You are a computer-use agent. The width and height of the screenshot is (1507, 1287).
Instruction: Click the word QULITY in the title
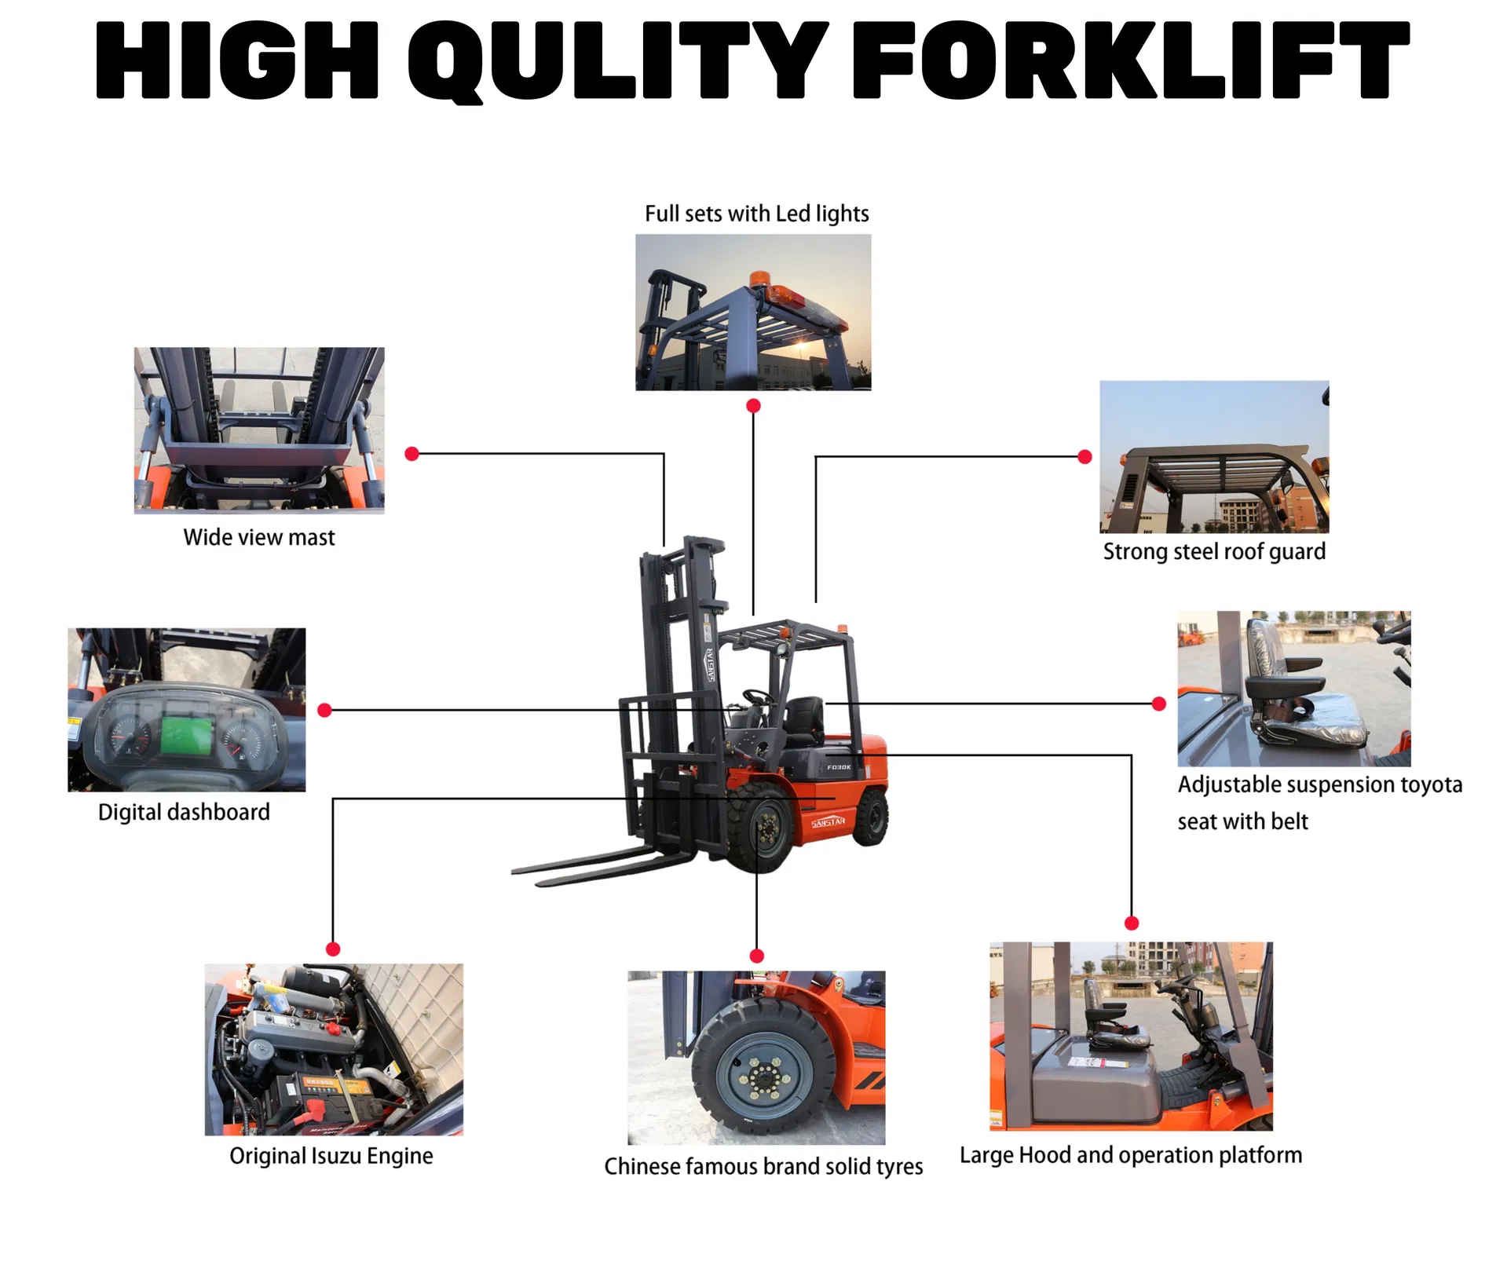[618, 61]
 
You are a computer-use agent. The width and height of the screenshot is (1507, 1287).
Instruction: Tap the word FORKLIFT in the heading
[1131, 60]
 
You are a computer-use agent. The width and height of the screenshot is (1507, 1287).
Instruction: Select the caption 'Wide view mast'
[259, 538]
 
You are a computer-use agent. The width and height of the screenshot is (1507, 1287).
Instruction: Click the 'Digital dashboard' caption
[184, 813]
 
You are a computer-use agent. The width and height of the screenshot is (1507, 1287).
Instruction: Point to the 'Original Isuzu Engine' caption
[331, 1157]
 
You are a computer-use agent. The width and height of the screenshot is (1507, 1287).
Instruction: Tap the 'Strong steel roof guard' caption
[1214, 552]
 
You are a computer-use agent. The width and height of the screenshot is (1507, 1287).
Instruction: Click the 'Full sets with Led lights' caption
[757, 214]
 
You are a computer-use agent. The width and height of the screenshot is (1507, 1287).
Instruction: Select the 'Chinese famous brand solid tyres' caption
[763, 1167]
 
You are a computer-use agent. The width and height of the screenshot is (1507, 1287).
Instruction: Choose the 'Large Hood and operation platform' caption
[1131, 1156]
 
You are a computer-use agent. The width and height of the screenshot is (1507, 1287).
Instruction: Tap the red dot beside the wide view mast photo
[411, 454]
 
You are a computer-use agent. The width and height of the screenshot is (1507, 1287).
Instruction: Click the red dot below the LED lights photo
[753, 406]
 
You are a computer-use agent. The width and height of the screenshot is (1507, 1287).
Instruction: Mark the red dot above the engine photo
[333, 949]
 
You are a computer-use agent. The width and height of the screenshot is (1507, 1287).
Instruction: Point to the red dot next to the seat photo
[1159, 704]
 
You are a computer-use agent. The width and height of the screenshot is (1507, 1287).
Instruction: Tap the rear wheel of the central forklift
[871, 817]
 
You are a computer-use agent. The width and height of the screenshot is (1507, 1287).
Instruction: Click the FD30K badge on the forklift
[839, 767]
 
